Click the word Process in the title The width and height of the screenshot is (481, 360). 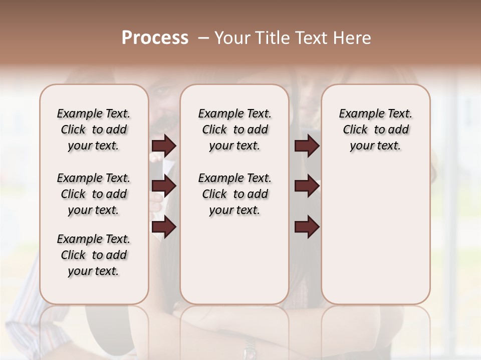[x=155, y=38]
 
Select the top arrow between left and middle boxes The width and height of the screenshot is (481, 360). [x=163, y=146]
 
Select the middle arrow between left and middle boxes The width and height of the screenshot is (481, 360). [x=163, y=186]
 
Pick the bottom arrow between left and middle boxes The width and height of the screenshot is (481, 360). [x=163, y=227]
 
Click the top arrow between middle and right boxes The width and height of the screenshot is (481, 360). [x=307, y=146]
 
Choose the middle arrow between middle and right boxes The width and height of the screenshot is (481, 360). [x=307, y=186]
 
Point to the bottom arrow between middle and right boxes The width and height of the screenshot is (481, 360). [x=307, y=227]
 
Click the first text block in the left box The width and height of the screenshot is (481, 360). [x=93, y=129]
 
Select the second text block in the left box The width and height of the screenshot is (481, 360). [x=93, y=194]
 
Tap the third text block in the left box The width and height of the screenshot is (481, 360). [x=93, y=255]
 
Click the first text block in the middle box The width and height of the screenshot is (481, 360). [x=234, y=129]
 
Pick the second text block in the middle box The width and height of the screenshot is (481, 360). [x=234, y=194]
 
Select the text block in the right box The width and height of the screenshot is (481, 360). [x=375, y=129]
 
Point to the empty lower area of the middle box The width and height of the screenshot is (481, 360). [x=234, y=260]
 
